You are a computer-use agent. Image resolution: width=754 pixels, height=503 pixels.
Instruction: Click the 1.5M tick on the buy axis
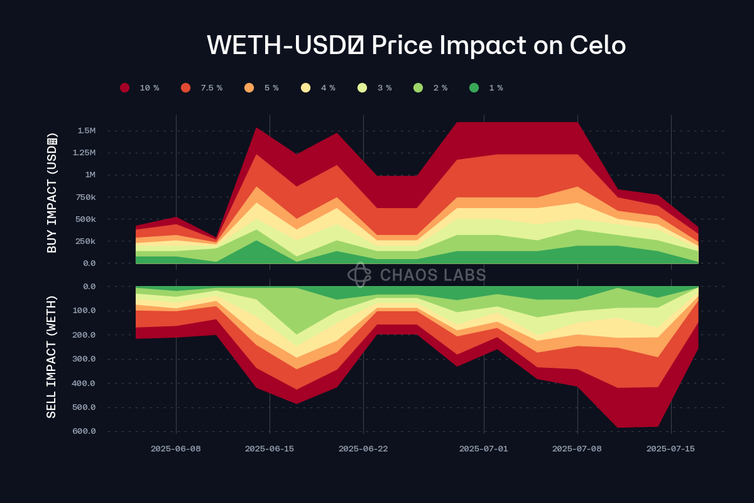coord(86,131)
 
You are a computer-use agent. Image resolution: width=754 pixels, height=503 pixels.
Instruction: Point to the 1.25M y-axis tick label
coord(84,153)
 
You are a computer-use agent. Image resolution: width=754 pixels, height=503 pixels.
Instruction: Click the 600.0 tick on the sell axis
coord(84,431)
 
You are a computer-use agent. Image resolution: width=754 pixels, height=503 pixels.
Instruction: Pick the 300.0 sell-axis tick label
coord(84,359)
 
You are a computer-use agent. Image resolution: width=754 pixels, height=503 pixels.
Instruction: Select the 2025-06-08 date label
coord(176,449)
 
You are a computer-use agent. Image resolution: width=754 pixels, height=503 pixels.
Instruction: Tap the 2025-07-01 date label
coord(484,449)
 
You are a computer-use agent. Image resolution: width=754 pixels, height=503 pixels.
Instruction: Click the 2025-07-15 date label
coord(672,449)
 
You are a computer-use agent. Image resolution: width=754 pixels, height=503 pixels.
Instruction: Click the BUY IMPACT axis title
coord(52,193)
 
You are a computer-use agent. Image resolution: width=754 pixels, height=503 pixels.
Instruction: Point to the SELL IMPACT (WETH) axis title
coord(52,357)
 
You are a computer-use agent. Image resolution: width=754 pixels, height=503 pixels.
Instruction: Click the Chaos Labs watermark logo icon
coord(360,274)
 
